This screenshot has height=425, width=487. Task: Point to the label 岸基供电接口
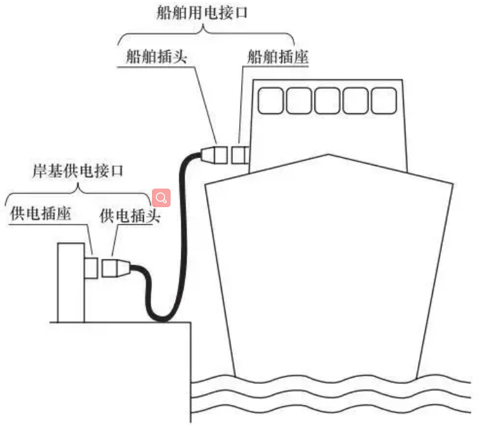[78, 172]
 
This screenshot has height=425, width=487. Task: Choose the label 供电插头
[130, 215]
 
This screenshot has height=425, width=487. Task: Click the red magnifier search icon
[161, 198]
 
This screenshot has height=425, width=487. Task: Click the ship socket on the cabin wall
[239, 153]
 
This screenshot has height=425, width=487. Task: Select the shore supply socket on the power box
[91, 268]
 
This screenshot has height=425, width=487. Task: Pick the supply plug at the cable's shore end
[116, 268]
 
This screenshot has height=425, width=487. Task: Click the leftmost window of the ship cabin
[271, 100]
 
